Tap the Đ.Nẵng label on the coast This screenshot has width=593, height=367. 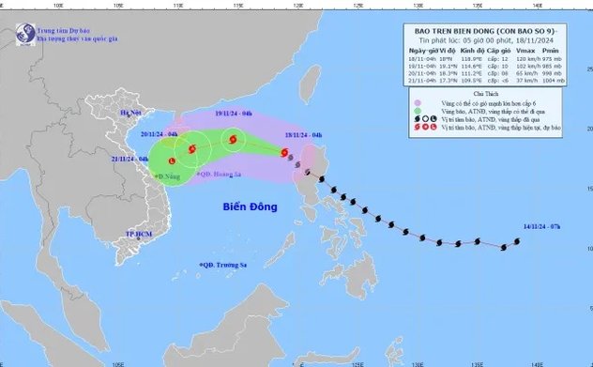168,175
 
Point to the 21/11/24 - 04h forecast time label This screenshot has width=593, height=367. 130,160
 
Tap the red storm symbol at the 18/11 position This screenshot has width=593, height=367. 283,150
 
